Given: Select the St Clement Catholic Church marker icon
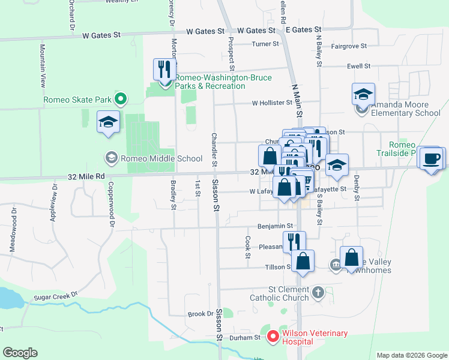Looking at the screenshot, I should [x=318, y=293].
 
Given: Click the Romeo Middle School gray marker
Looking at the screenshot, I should [x=111, y=158].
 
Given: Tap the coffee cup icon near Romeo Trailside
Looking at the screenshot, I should [x=432, y=158].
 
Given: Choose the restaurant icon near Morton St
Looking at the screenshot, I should [x=164, y=69].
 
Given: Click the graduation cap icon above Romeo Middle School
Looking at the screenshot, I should [x=108, y=122].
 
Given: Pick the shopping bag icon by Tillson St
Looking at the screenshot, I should [x=303, y=261].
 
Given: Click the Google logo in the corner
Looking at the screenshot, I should [x=20, y=353].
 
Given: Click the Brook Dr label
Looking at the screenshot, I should [x=200, y=314].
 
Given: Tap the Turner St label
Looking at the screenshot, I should [x=265, y=44].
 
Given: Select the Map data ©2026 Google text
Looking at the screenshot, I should [x=411, y=355].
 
